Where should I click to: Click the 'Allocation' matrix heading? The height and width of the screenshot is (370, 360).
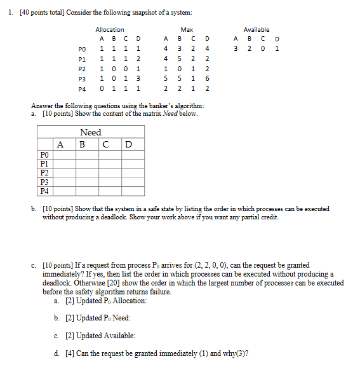click(110, 29)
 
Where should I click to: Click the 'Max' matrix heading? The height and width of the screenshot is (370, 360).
click(187, 29)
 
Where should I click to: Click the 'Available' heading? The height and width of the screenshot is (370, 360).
click(257, 29)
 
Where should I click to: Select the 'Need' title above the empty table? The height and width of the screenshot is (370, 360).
click(91, 132)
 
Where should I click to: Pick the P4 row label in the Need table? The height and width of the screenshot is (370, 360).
click(44, 190)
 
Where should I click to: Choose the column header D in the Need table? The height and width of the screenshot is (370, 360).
click(128, 144)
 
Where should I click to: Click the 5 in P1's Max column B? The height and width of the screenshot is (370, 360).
click(176, 57)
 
